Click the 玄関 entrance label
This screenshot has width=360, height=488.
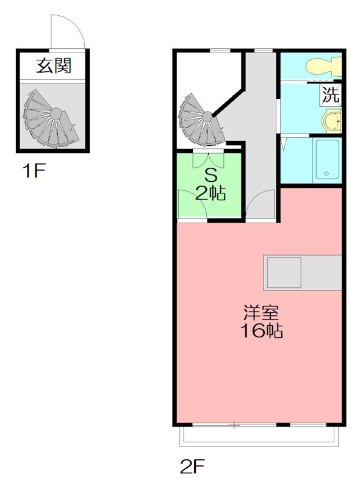(54, 66)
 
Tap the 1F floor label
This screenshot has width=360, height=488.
(34, 171)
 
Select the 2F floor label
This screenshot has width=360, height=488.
(192, 466)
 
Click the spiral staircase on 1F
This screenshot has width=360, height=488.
(51, 119)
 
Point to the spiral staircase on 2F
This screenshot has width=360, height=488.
(201, 121)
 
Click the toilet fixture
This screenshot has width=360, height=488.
(323, 66)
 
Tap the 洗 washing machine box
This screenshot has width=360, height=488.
(331, 95)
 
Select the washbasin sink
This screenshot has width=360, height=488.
(332, 121)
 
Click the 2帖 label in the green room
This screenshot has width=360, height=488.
(211, 193)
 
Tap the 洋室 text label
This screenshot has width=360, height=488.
(261, 312)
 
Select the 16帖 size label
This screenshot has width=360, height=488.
(261, 331)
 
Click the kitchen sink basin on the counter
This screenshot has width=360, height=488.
(284, 273)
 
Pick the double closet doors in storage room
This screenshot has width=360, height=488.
(208, 159)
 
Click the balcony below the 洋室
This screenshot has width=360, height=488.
(259, 436)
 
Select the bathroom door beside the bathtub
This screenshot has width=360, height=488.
(284, 145)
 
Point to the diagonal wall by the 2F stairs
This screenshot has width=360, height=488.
(228, 102)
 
